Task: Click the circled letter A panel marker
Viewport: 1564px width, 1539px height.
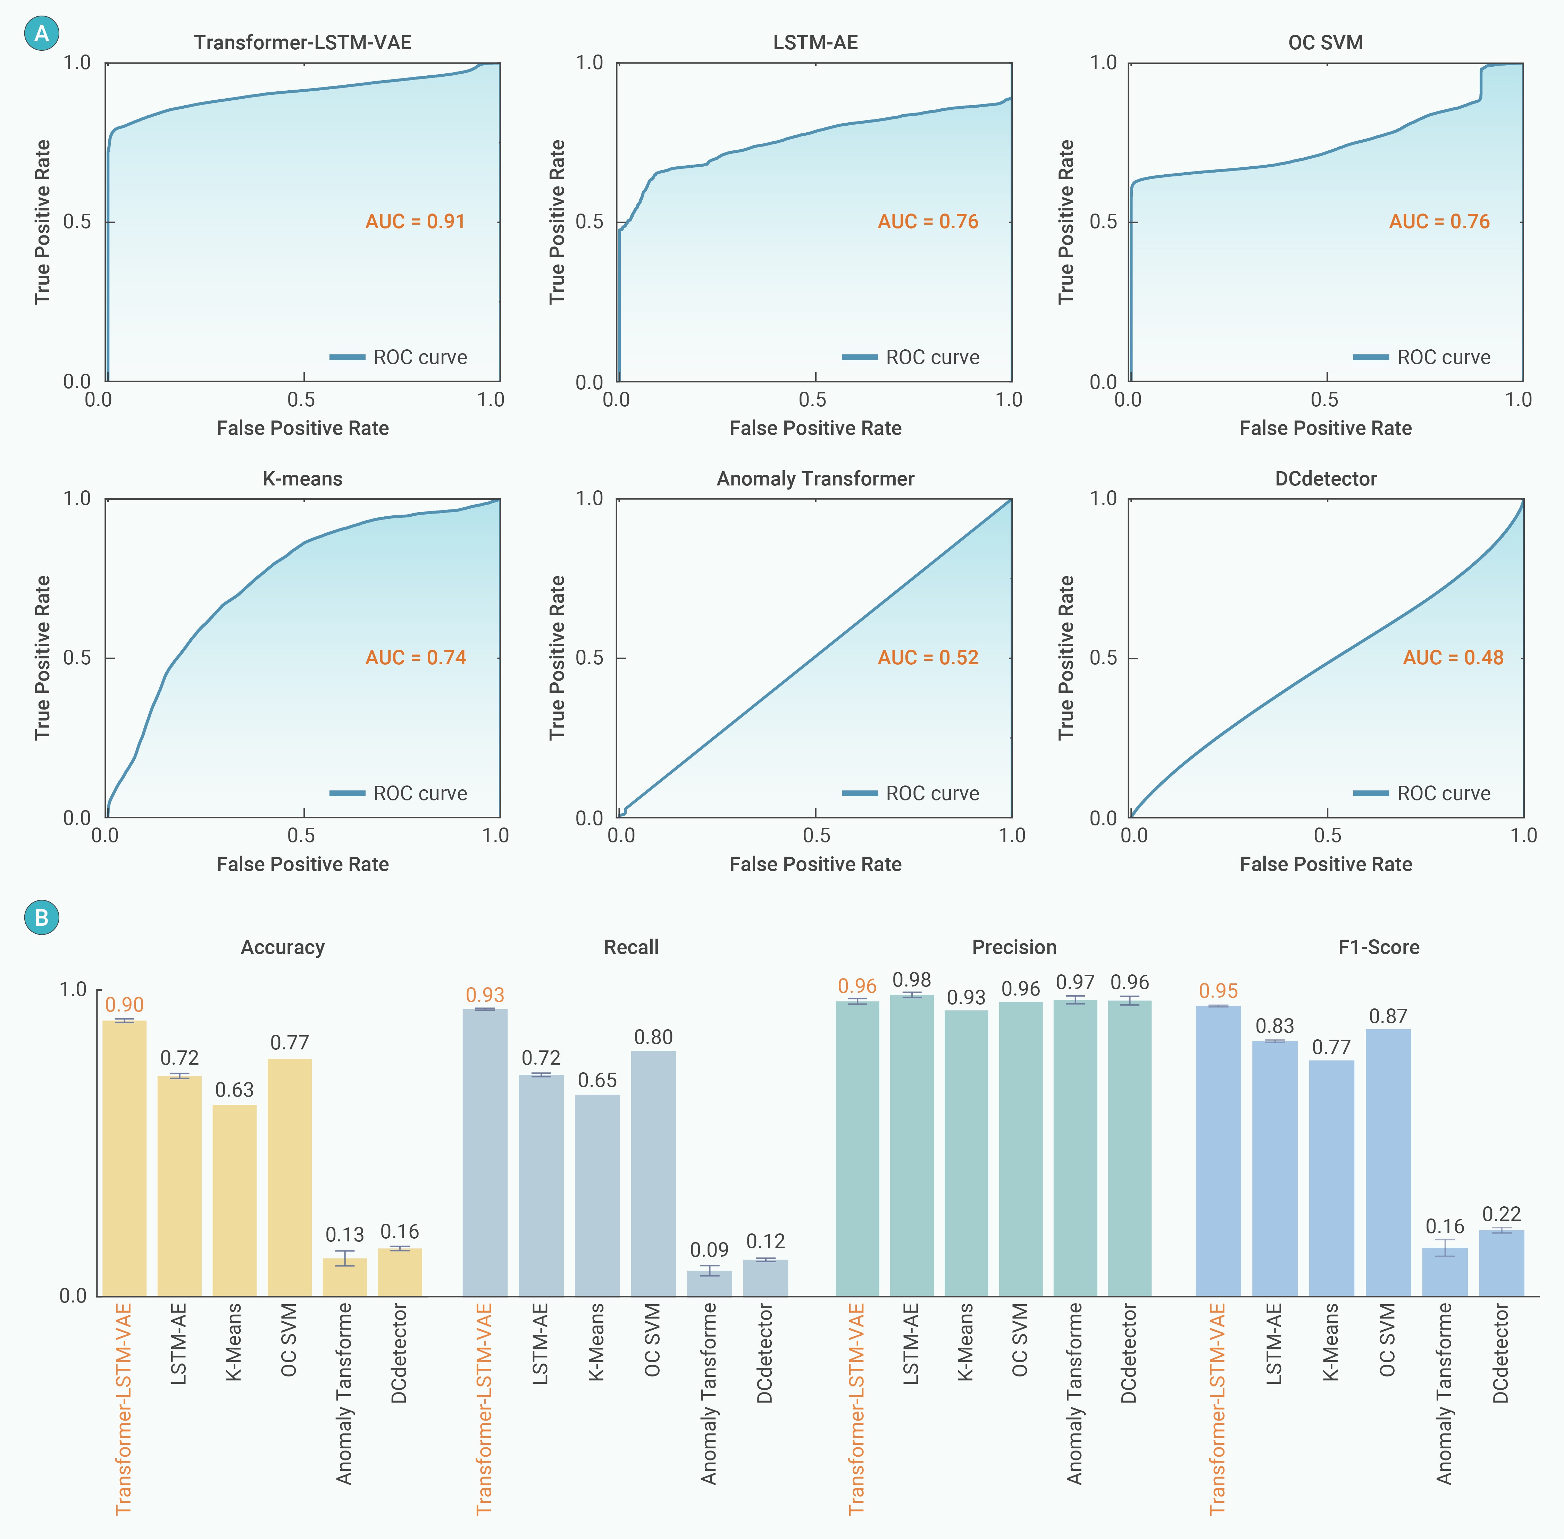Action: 41,34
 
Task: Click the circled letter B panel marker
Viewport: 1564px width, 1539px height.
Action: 41,917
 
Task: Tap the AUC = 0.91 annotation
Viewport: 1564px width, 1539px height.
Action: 416,222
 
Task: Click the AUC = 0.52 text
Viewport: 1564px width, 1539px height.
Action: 928,657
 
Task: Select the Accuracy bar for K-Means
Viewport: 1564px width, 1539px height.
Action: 234,1200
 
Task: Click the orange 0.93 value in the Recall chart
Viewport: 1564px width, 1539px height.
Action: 485,995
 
